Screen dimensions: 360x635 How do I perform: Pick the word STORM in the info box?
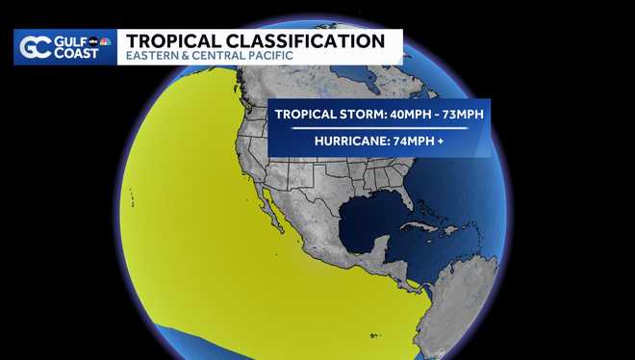tap(333, 114)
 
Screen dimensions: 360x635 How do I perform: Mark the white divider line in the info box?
tap(379, 128)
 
